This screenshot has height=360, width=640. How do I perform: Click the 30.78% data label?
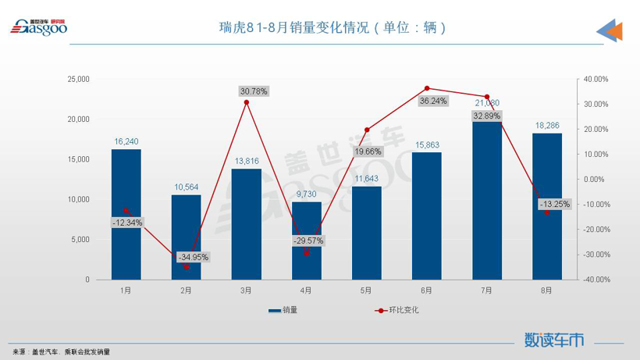254,91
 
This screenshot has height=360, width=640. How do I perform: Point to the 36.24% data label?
433,101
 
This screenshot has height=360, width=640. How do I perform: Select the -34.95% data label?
193,257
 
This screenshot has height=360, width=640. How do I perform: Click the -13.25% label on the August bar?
555,205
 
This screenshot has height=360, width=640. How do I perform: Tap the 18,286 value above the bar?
546,125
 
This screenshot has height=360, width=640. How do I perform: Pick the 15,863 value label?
426,144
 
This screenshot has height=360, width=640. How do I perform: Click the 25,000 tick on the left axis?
78,79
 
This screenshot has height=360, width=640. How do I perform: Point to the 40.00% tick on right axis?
595,79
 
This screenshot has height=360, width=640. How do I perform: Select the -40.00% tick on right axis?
593,280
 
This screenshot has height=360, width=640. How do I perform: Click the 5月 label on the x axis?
366,290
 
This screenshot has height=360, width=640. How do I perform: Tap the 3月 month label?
246,290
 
